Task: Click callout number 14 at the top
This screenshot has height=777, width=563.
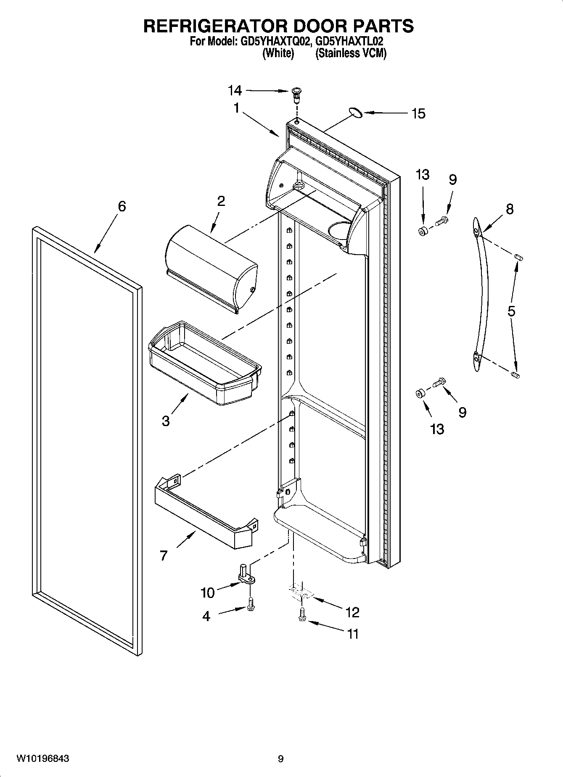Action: (x=235, y=90)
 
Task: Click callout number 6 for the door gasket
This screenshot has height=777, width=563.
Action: (x=122, y=206)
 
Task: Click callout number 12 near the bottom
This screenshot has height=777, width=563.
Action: (x=352, y=612)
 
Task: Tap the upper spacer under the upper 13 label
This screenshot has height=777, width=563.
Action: (x=423, y=231)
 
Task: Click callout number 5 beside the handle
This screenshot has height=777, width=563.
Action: (x=511, y=311)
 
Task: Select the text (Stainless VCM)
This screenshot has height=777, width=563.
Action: (x=351, y=53)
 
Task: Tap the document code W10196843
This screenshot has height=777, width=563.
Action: (x=43, y=759)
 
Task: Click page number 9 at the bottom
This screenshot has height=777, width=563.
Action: (x=280, y=759)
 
